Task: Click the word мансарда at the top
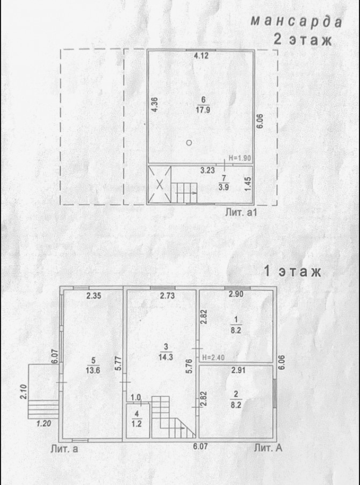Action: (x=297, y=22)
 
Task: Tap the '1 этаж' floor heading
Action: (x=292, y=272)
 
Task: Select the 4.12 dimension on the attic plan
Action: (x=201, y=56)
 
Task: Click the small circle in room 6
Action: (x=189, y=142)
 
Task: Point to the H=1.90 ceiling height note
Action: (x=240, y=158)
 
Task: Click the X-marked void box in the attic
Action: (x=160, y=184)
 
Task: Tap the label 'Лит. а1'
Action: (x=242, y=213)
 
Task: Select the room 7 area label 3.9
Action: (x=224, y=187)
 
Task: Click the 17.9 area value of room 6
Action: (x=203, y=110)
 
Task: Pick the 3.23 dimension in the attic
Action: (x=207, y=170)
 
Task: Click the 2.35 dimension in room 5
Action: (x=94, y=295)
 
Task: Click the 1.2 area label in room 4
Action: (x=136, y=424)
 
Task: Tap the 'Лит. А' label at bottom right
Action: (x=268, y=448)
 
